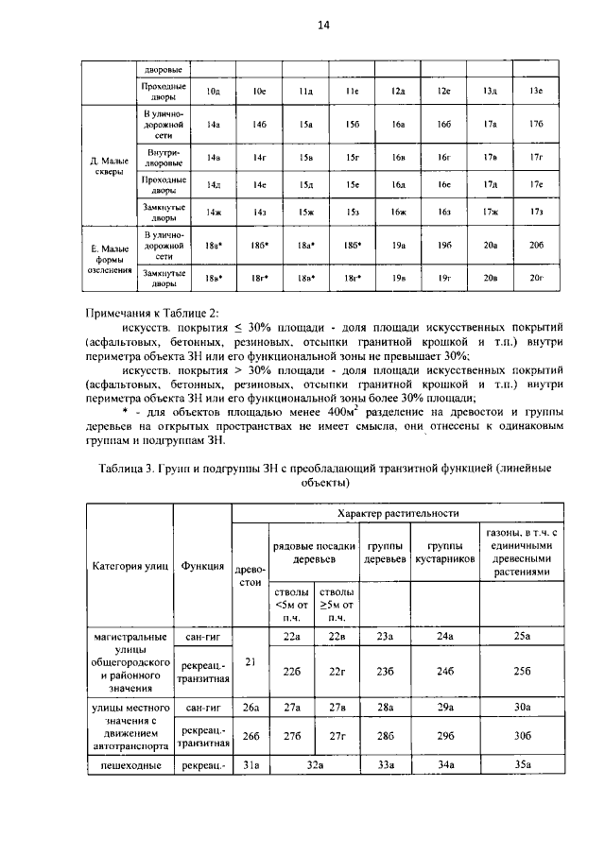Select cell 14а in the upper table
pyautogui.click(x=214, y=124)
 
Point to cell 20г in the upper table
pyautogui.click(x=536, y=278)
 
